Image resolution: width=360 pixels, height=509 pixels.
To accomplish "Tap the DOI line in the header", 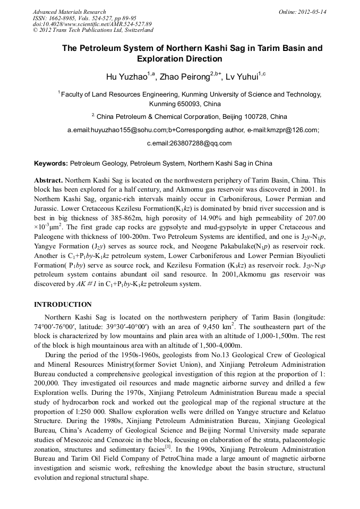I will click(x=92, y=24).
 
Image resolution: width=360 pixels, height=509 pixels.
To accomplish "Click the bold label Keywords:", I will click(x=51, y=163).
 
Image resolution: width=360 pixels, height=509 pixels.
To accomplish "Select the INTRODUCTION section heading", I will click(x=63, y=305).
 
